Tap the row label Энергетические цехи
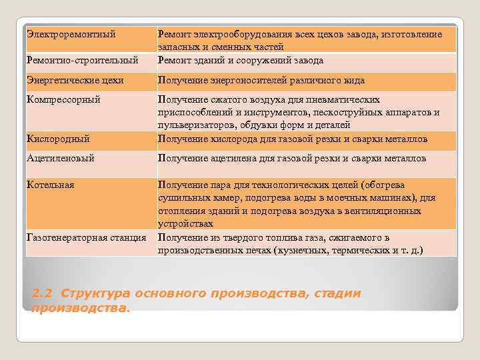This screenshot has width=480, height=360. [x=75, y=81]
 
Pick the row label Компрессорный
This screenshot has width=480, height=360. [x=63, y=99]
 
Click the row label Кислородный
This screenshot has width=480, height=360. [x=59, y=139]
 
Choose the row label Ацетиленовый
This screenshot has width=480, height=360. [x=60, y=159]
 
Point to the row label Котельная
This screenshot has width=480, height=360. [x=51, y=184]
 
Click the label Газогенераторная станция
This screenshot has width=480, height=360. [x=87, y=237]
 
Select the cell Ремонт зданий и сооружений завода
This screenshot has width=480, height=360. [x=241, y=60]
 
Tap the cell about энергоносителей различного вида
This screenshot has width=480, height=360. [x=261, y=81]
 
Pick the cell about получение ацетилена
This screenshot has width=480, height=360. [x=291, y=159]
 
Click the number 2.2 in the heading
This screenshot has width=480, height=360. [x=42, y=294]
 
